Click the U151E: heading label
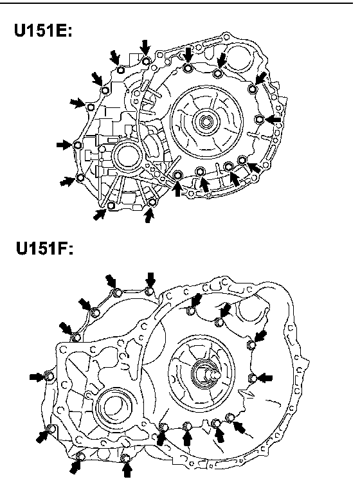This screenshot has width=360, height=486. coord(43,30)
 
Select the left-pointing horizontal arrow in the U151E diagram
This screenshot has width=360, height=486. coord(273,120)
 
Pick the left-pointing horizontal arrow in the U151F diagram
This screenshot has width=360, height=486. coord(265,379)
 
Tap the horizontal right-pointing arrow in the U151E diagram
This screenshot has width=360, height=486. coord(64,145)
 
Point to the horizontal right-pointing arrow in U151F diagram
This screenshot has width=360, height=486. coord(37,377)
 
